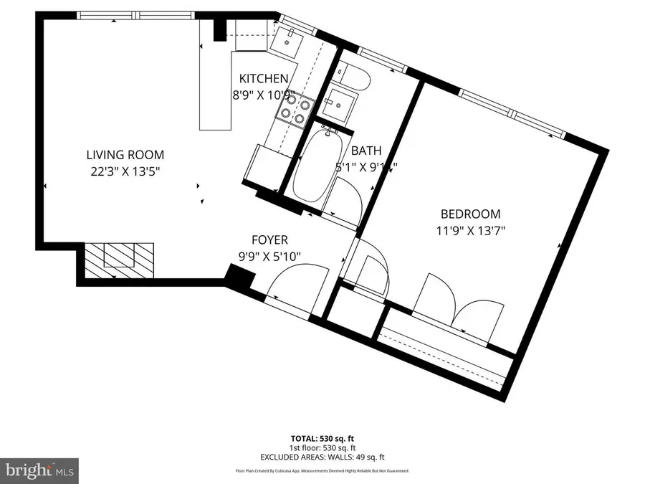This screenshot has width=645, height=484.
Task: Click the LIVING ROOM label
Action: tap(125, 154)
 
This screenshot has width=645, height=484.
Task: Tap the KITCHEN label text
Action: tap(264, 79)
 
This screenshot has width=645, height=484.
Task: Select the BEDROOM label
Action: tap(470, 214)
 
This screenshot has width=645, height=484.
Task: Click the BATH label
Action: tap(365, 151)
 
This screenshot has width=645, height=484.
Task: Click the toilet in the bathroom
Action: tap(353, 76)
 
